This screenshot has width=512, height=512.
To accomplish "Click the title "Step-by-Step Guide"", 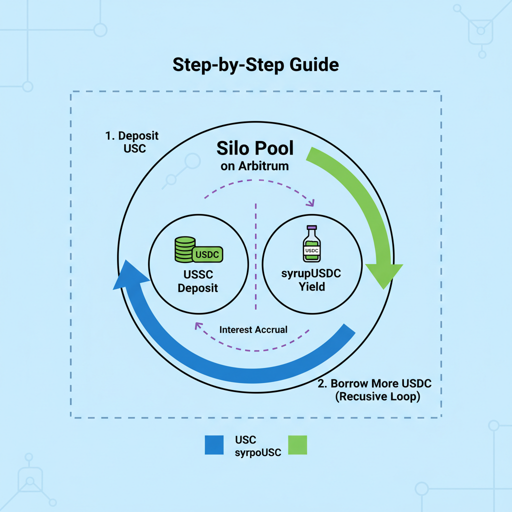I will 255,65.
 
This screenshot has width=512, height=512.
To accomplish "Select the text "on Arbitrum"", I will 254,166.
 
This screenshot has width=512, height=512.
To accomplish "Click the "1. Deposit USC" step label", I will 131,142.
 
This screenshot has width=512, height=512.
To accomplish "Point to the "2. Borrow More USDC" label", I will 374,384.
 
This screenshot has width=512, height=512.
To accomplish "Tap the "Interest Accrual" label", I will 253,329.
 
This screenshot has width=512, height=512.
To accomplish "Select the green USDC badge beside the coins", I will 207,254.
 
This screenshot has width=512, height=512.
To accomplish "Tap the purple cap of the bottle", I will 312,227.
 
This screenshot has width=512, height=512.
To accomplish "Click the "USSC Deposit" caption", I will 198,281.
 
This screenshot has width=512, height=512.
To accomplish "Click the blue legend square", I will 214,444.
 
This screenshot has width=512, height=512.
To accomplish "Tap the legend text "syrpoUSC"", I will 258,451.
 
